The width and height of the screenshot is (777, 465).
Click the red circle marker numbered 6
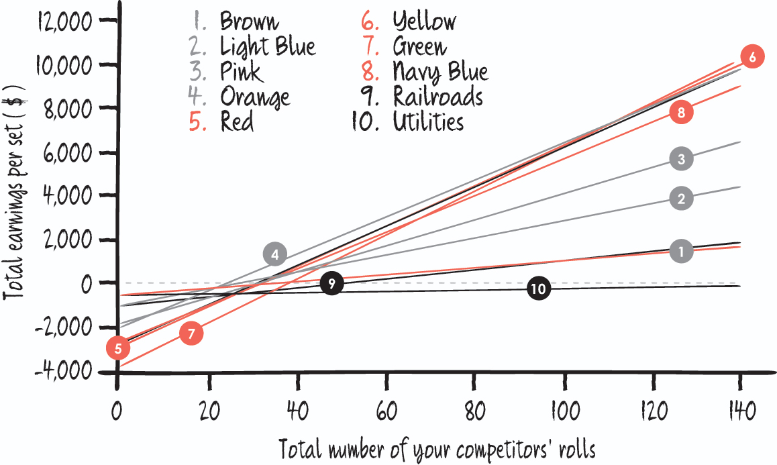pos(753,57)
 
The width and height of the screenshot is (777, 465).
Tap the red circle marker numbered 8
pos(681,113)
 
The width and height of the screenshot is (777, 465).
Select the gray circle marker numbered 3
pos(681,159)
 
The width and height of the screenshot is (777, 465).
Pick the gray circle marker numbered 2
pos(681,199)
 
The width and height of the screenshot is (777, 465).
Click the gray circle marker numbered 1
pos(681,252)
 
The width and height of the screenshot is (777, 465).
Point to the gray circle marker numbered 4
pos(275,255)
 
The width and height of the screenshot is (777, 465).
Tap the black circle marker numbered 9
pos(331,283)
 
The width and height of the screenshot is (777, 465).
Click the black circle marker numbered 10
pos(538,289)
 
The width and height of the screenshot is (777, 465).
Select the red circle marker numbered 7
pos(191,333)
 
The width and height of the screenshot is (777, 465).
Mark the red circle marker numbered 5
pos(118,348)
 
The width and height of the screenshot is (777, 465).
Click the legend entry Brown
pos(249,21)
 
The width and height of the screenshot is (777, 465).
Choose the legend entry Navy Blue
pos(440,71)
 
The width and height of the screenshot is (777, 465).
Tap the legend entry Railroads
pos(437,97)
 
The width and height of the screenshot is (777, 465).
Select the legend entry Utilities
pos(428,121)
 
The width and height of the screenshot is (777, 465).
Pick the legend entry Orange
pos(255,97)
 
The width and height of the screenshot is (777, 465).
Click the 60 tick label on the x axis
pos(386,410)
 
